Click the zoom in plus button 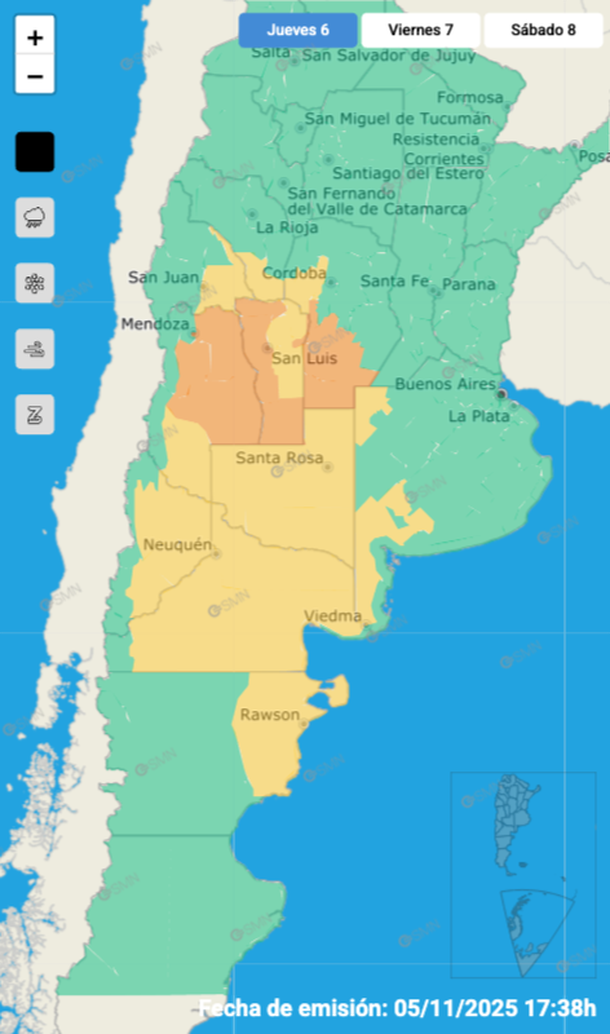[35, 38]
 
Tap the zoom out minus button [35, 75]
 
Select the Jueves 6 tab [298, 30]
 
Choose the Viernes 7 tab [420, 30]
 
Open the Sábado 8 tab [543, 30]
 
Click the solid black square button [35, 152]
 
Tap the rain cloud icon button [35, 217]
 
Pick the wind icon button [35, 349]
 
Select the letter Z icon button [35, 414]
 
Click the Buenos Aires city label [445, 384]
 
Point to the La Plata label [478, 415]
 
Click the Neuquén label [178, 544]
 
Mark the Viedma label [332, 616]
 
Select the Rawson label [269, 715]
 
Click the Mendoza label [154, 324]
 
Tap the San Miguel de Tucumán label [397, 118]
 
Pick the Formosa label [469, 97]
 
